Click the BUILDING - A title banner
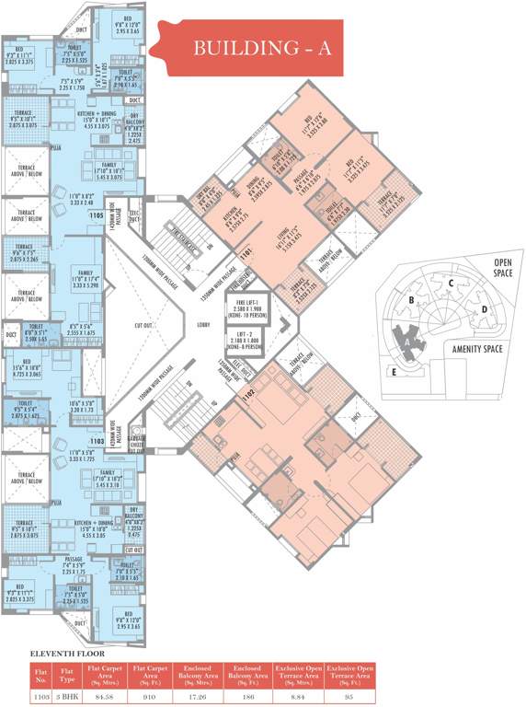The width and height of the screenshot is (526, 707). click(x=261, y=49)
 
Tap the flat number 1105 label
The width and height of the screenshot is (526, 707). click(x=95, y=214)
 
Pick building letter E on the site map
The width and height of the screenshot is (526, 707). click(x=394, y=372)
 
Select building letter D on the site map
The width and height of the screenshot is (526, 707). click(x=483, y=309)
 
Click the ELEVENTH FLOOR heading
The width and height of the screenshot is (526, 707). click(x=65, y=654)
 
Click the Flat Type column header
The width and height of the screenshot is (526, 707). click(x=64, y=677)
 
